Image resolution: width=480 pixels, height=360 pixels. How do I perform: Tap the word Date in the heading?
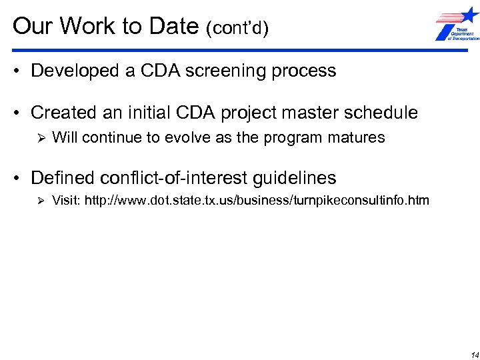tap(169, 27)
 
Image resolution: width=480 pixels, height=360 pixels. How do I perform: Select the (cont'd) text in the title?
tap(237, 29)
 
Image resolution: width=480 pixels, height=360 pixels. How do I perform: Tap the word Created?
tap(65, 112)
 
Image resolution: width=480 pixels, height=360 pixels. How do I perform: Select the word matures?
tap(357, 138)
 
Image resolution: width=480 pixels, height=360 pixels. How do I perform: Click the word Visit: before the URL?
tap(65, 200)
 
